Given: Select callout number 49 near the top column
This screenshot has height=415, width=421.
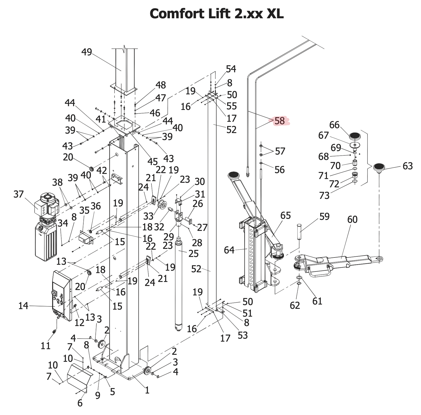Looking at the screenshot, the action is point(87,52).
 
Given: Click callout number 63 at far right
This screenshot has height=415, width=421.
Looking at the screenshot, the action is point(408,166).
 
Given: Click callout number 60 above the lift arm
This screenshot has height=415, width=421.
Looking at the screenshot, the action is point(352,220).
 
